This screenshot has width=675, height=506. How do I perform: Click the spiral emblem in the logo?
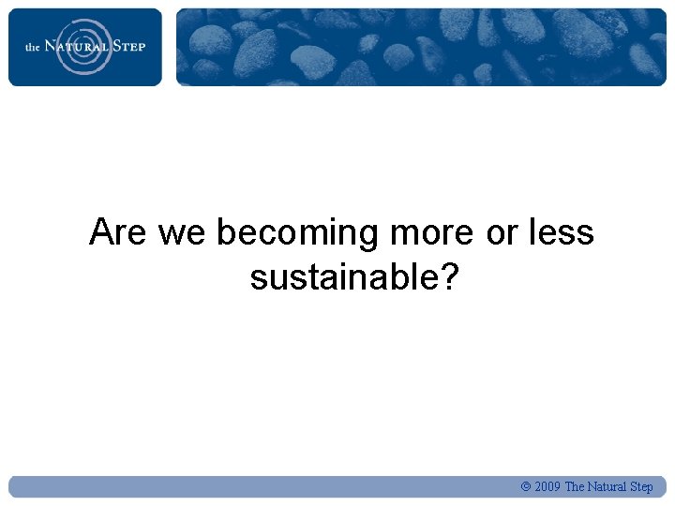pyautogui.click(x=84, y=46)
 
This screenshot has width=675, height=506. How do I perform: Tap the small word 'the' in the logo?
pyautogui.click(x=32, y=47)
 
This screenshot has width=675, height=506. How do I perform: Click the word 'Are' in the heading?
pyautogui.click(x=118, y=232)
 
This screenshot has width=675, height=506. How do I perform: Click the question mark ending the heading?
pyautogui.click(x=447, y=277)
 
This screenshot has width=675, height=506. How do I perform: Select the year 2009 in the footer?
pyautogui.click(x=547, y=487)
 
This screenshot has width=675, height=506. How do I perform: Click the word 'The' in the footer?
pyautogui.click(x=575, y=487)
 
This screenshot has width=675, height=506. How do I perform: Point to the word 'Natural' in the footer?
pyautogui.click(x=607, y=487)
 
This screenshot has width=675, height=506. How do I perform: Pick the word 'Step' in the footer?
pyautogui.click(x=641, y=487)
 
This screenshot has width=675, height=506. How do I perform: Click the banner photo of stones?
pyautogui.click(x=421, y=47)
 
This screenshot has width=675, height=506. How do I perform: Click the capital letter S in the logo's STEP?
pyautogui.click(x=117, y=46)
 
